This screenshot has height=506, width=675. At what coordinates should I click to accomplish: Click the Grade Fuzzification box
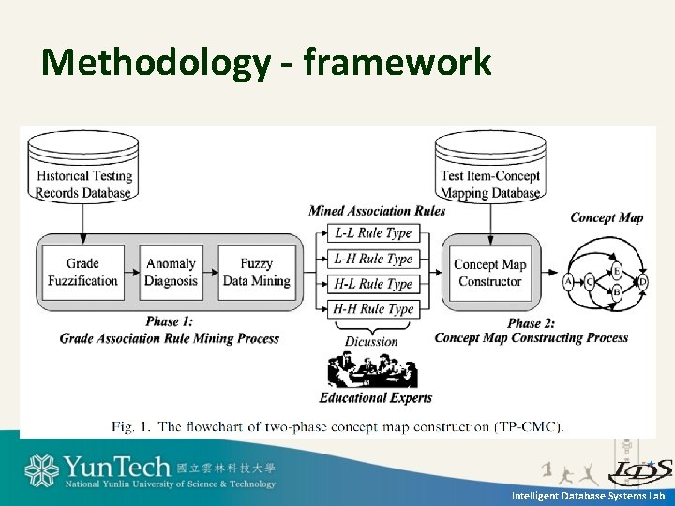click(83, 272)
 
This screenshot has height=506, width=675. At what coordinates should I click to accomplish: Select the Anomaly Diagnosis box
click(171, 272)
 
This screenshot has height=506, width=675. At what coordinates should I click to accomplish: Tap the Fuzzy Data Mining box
click(256, 272)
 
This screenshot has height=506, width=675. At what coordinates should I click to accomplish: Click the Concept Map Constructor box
click(489, 272)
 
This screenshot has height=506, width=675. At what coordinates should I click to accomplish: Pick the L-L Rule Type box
click(373, 233)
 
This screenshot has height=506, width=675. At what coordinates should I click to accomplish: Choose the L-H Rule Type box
click(373, 259)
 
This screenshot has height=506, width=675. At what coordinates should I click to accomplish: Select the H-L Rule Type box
click(373, 283)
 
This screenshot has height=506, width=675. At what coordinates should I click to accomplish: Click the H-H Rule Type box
click(373, 308)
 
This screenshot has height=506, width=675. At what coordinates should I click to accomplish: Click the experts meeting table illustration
click(372, 371)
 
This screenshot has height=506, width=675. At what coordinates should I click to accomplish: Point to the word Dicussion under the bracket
click(372, 341)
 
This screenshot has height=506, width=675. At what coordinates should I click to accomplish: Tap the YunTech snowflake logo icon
click(41, 471)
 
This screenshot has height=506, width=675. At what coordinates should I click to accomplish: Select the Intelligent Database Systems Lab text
click(588, 495)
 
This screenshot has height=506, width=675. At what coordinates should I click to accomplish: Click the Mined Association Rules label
click(377, 210)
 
